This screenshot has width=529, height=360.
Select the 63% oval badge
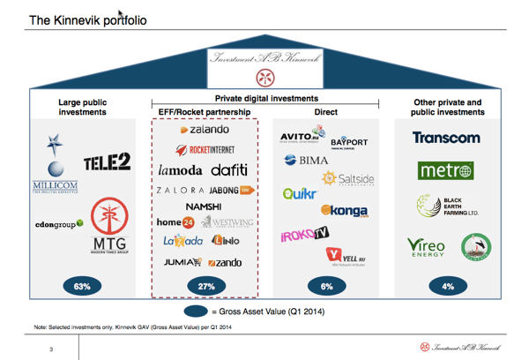82,286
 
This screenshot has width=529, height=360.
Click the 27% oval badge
205,286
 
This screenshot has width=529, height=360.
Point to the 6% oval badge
327,286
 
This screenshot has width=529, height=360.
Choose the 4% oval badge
449,286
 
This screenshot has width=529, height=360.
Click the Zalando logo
205,131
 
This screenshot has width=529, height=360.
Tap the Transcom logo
446,138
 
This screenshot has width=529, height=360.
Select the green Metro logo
446,170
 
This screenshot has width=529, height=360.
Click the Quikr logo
301,194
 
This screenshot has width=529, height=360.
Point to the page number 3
51,351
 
